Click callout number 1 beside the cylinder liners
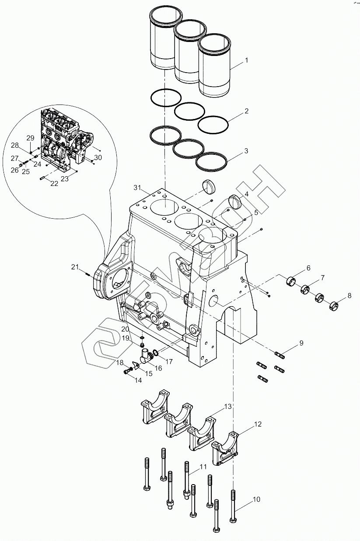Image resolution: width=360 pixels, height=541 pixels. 246,60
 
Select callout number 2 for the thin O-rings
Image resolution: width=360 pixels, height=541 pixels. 246,111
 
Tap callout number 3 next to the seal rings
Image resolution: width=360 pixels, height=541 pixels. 246,151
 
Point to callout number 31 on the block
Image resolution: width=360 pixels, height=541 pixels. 138,188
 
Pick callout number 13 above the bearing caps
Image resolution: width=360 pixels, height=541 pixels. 228,406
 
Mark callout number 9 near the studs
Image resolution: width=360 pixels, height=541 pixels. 301,343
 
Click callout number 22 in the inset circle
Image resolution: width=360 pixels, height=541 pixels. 54,184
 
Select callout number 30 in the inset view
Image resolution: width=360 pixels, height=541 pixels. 98,157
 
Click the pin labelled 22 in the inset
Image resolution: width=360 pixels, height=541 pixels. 42,178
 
